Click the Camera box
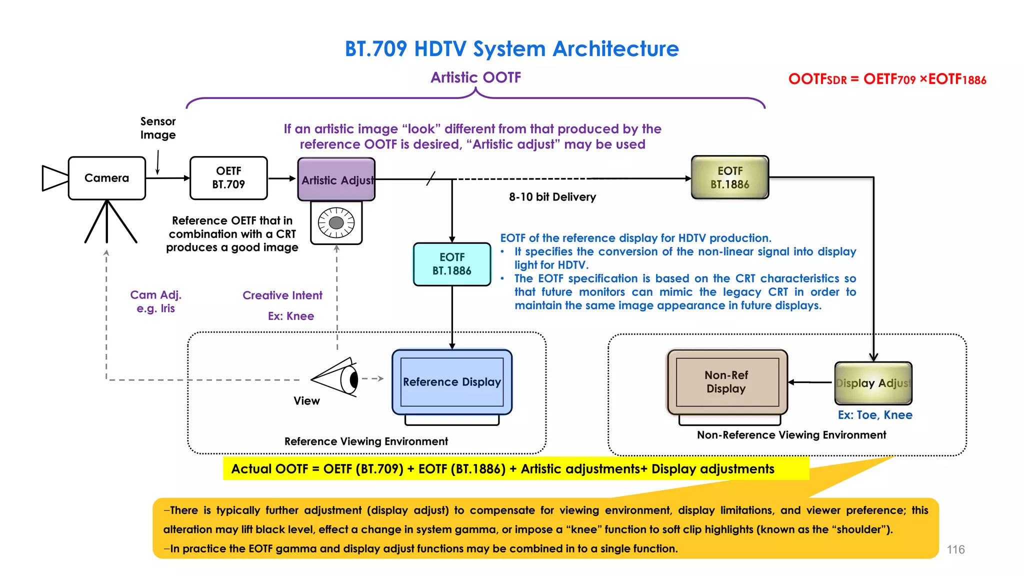pos(106,178)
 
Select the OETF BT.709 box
pos(228,178)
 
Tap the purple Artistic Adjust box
pos(336,179)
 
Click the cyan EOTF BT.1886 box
pos(452,264)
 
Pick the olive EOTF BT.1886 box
pos(729,177)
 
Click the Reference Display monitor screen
pos(452,382)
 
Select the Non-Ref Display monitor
pos(727,382)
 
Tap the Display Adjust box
pos(873,383)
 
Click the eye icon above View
pos(337,378)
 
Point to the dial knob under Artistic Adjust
pos(336,222)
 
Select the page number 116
pos(955,549)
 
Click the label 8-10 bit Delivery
pos(552,197)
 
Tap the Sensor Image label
pos(158,128)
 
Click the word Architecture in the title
pos(615,49)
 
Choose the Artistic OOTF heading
pos(475,77)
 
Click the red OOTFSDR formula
pos(887,79)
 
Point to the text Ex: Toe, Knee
pos(875,415)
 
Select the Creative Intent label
pos(282,295)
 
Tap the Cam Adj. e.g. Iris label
pos(155,301)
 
